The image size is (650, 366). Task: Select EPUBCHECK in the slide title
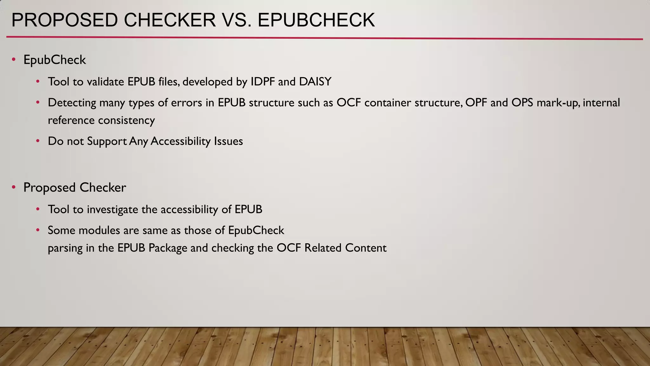click(x=316, y=20)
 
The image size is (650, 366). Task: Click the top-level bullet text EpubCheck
click(x=55, y=60)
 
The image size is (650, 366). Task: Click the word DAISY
click(x=315, y=82)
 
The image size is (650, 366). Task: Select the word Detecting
click(x=72, y=103)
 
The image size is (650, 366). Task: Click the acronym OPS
click(x=522, y=103)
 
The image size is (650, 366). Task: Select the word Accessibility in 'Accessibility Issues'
click(x=180, y=141)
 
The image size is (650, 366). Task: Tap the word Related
click(x=323, y=248)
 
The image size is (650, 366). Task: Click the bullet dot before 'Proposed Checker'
click(x=14, y=187)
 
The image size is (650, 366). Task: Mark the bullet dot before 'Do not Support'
click(x=38, y=141)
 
